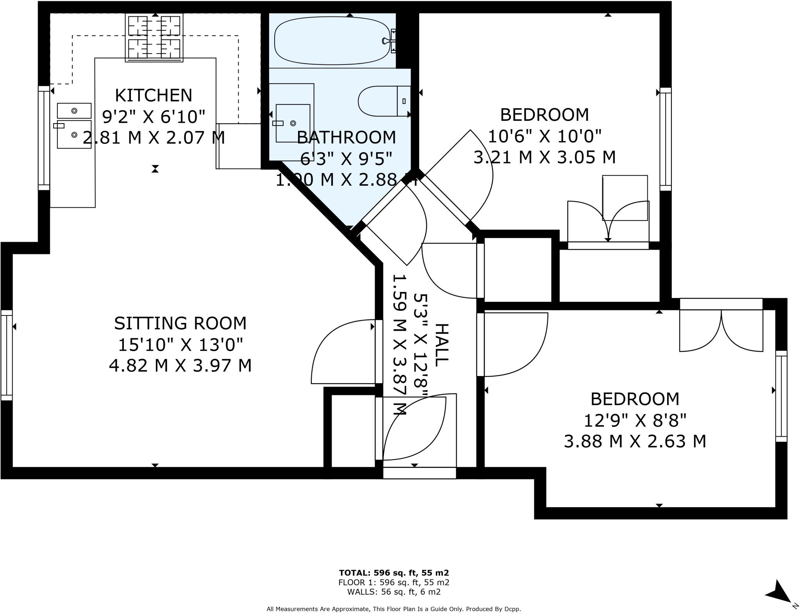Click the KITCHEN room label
[x=154, y=95]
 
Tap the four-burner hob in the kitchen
[x=154, y=38]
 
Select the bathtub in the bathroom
[x=332, y=40]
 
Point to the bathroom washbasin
[x=293, y=123]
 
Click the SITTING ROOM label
[x=180, y=323]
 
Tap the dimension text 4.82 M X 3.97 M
[x=180, y=366]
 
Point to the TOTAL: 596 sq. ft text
[x=394, y=573]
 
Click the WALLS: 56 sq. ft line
[x=394, y=592]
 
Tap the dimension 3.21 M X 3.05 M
[x=545, y=158]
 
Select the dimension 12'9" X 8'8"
[x=635, y=421]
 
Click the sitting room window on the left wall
[x=7, y=355]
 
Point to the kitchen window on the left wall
[x=44, y=138]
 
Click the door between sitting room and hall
[x=344, y=352]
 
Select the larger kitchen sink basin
[x=74, y=134]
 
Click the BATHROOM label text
[x=346, y=137]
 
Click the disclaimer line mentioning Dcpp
[x=394, y=609]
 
